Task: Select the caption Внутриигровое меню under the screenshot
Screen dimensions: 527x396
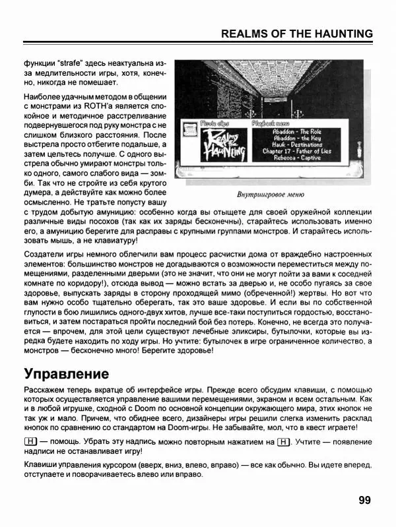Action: [x=270, y=195]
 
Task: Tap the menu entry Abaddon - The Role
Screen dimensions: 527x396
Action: [x=287, y=131]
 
